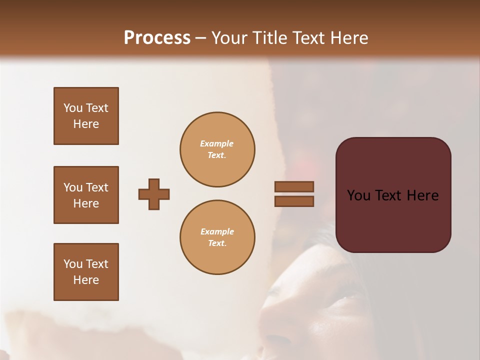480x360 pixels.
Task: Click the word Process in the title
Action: pyautogui.click(x=157, y=38)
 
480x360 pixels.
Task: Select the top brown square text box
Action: pyautogui.click(x=86, y=116)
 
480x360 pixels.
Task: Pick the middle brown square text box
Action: pyautogui.click(x=86, y=195)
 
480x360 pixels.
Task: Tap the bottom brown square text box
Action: pyautogui.click(x=86, y=272)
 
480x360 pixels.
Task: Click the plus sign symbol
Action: pyautogui.click(x=154, y=194)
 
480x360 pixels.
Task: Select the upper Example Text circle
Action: pyautogui.click(x=217, y=149)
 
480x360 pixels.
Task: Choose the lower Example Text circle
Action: pyautogui.click(x=217, y=237)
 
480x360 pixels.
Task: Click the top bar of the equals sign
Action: pyautogui.click(x=294, y=187)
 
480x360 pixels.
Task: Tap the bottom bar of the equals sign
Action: pyautogui.click(x=294, y=201)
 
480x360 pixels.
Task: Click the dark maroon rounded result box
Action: pyautogui.click(x=393, y=215)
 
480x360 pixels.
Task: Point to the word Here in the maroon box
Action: pyautogui.click(x=422, y=195)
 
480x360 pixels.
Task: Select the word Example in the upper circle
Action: pyautogui.click(x=217, y=143)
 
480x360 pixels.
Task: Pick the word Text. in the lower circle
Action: pyautogui.click(x=217, y=243)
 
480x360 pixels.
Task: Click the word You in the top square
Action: pyautogui.click(x=72, y=108)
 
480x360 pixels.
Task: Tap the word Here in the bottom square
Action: pyautogui.click(x=86, y=280)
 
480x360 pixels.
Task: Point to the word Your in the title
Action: pyautogui.click(x=228, y=38)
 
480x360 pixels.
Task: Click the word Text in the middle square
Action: pyautogui.click(x=96, y=187)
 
